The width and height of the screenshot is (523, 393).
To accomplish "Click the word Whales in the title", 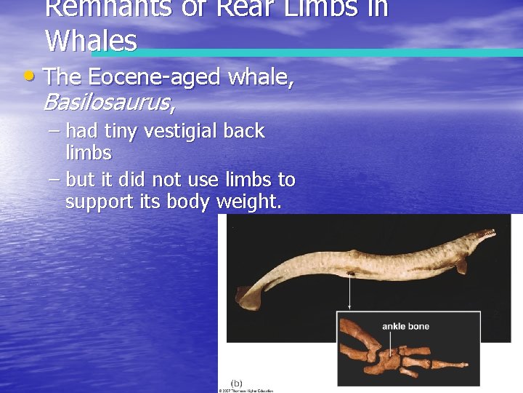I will (x=91, y=41).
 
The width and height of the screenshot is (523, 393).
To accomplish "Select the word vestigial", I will (x=179, y=132).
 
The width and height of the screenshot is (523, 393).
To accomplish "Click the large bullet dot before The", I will (x=28, y=76).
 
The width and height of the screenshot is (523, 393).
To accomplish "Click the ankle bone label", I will (x=405, y=326).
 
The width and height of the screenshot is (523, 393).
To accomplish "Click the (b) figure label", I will (x=237, y=383).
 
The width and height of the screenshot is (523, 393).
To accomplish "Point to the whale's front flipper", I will (x=461, y=266).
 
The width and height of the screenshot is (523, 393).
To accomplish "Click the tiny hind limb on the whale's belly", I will (x=352, y=274).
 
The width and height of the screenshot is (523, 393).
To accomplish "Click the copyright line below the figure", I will (x=246, y=390).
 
